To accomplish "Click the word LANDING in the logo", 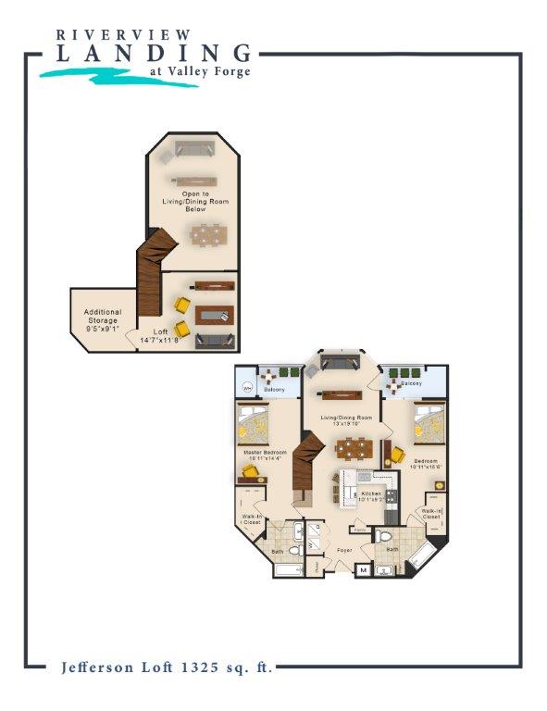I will coord(154,54).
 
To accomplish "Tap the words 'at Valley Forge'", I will coord(199,71).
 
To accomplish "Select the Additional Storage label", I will coord(103,319).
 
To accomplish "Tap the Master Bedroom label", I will coord(263,455).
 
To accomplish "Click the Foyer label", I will coord(344,550).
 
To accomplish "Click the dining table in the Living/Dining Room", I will coord(353,448).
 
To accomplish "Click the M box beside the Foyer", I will coord(363,570).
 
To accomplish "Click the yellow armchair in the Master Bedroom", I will coord(249,472).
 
